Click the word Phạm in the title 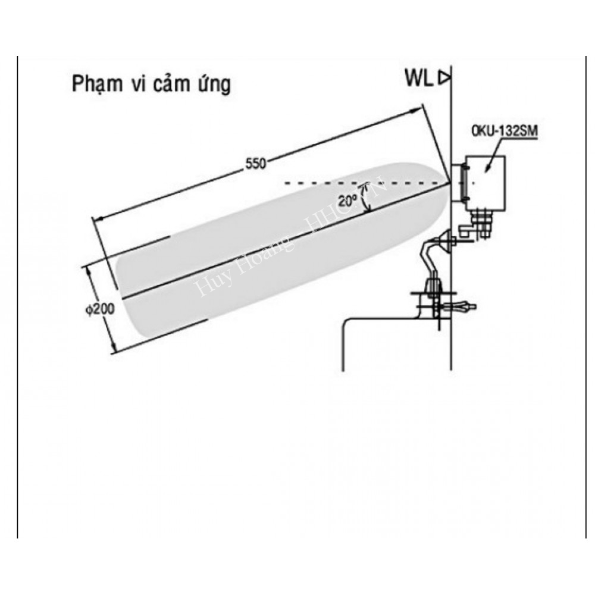tap(96, 84)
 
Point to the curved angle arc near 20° tap(369, 196)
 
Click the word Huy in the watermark tap(208, 284)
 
